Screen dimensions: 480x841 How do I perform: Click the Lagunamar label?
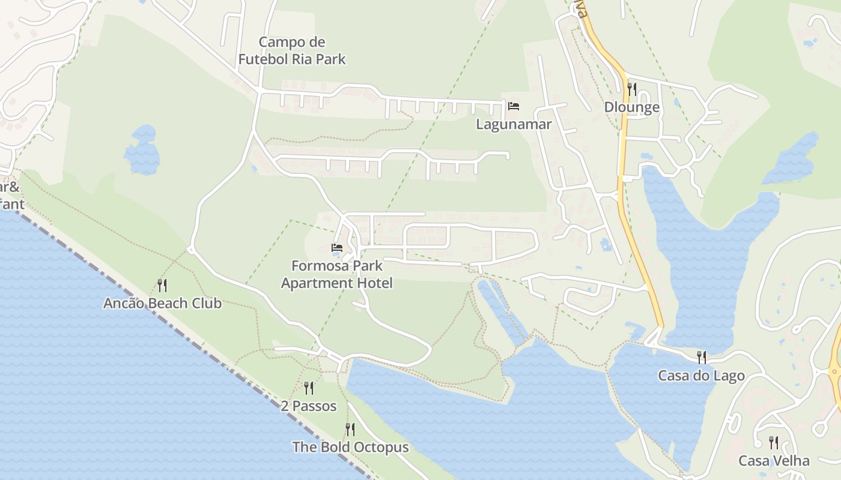coord(514,124)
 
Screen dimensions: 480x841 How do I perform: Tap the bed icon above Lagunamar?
coord(514,106)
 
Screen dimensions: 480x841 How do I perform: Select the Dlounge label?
coord(632,107)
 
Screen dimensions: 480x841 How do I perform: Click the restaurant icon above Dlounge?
coord(632,89)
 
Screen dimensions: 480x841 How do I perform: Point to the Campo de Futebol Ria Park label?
coord(292,50)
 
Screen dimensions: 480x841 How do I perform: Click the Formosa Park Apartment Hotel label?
coord(337,274)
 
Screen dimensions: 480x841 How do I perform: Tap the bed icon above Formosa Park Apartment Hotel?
coord(337,247)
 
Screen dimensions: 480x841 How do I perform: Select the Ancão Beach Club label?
coord(162,303)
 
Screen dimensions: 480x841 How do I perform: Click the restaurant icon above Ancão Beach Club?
coord(162,285)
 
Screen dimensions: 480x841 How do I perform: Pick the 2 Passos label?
coord(309,406)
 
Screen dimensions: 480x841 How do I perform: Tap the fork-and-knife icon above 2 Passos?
coord(309,388)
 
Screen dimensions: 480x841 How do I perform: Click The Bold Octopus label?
coord(350,447)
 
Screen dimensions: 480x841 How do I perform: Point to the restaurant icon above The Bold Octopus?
coord(350,429)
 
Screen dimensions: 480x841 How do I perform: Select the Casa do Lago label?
coord(701,376)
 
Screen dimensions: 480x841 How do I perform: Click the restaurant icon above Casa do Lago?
coord(701,358)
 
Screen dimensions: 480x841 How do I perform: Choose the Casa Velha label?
coord(774,461)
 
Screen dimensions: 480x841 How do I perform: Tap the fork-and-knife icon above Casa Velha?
coord(774,443)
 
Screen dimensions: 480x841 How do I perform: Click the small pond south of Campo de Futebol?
coord(142,151)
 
